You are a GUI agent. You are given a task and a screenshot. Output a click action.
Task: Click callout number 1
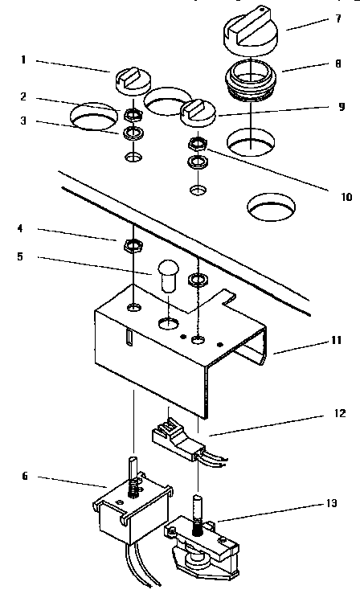(x=25, y=61)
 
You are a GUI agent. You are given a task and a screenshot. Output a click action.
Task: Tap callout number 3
(x=25, y=122)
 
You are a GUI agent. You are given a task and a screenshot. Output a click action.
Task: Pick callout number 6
(x=25, y=476)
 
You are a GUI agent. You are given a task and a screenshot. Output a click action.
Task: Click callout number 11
(x=335, y=341)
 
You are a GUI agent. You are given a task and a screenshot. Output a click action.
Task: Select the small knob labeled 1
(x=129, y=80)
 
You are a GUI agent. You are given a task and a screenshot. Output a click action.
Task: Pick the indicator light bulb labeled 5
(x=167, y=276)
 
